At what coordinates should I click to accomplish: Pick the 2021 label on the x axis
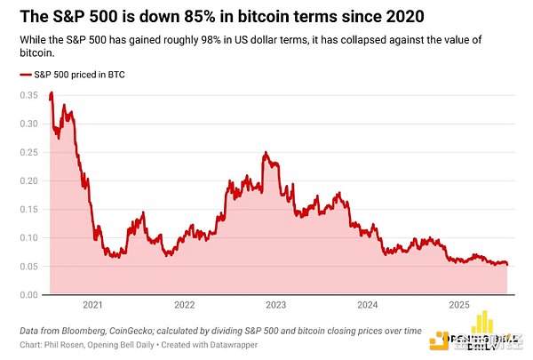(x=92, y=305)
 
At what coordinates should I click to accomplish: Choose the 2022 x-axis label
(x=184, y=305)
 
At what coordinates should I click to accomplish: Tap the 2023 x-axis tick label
(x=276, y=305)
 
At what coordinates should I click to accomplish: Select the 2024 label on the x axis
(x=368, y=305)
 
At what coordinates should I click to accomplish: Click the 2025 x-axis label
(x=459, y=305)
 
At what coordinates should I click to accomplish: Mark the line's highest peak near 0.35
(x=52, y=92)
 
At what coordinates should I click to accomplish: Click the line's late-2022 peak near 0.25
(x=266, y=153)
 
